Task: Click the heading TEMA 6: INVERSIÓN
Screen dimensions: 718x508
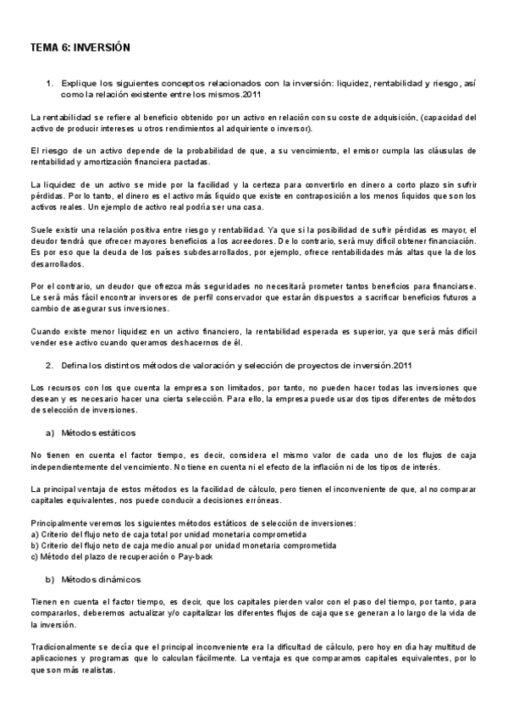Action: [80, 48]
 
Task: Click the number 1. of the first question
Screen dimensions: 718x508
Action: [49, 83]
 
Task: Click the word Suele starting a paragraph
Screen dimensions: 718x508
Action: [41, 229]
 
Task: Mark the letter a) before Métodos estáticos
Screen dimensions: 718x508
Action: [49, 432]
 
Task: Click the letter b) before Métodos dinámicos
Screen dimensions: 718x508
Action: [49, 579]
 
